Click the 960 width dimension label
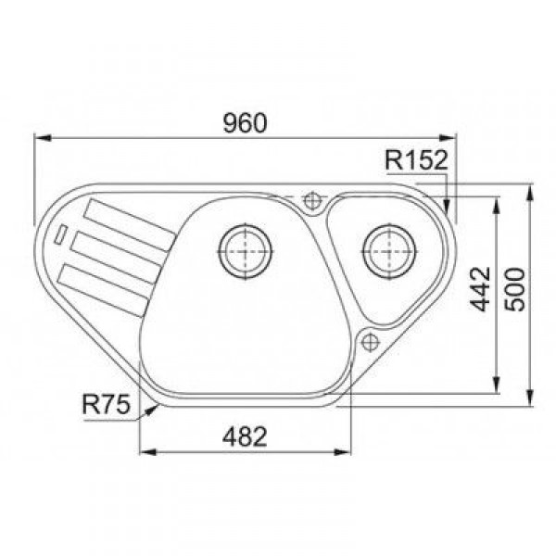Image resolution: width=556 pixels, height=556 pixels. (x=245, y=123)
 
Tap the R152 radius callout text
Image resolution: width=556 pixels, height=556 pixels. (x=416, y=160)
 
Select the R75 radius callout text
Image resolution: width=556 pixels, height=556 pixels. (x=106, y=404)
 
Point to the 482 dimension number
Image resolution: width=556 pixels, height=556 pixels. (x=245, y=436)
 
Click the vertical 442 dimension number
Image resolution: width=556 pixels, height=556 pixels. (x=480, y=289)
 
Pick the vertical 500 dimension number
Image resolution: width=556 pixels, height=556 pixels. (x=514, y=290)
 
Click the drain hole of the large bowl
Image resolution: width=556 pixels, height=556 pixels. (x=246, y=251)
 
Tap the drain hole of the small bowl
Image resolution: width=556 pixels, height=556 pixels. (x=389, y=251)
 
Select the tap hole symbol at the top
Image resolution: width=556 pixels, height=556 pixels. (x=312, y=201)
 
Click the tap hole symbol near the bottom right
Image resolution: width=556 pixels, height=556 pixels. (x=370, y=343)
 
